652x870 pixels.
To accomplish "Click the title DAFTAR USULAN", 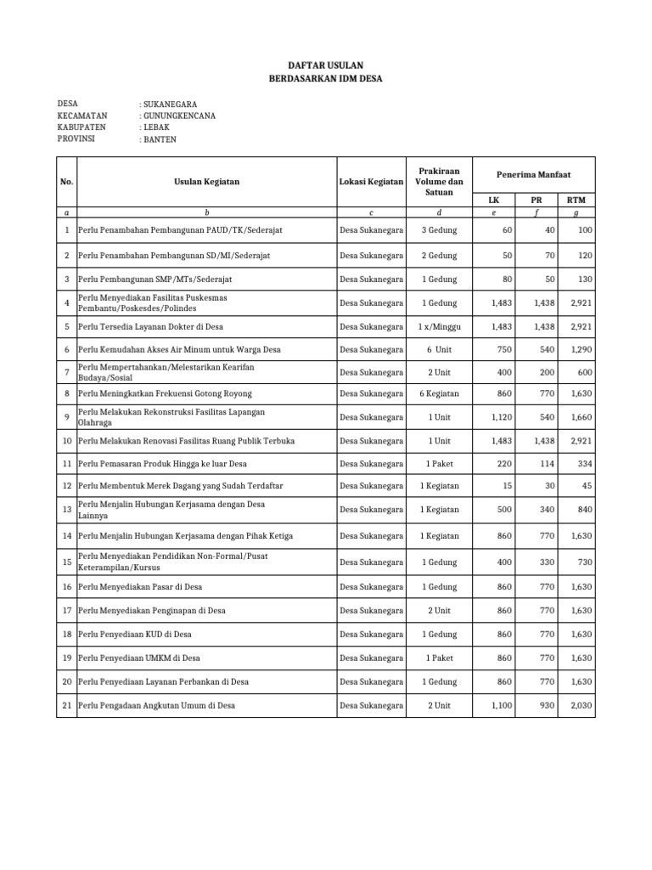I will click(x=325, y=64).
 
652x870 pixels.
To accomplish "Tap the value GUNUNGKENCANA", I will click(x=177, y=116).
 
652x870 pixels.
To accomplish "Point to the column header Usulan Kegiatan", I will click(x=206, y=181).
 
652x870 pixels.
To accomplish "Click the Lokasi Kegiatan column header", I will click(x=371, y=181).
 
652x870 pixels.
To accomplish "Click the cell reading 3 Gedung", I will click(x=439, y=231).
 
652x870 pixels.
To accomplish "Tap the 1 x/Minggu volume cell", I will click(x=439, y=326).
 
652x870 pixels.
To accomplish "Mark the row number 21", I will click(x=66, y=705).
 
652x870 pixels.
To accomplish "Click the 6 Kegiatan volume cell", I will click(x=439, y=394).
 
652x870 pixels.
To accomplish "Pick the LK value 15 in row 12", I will click(x=508, y=486).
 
